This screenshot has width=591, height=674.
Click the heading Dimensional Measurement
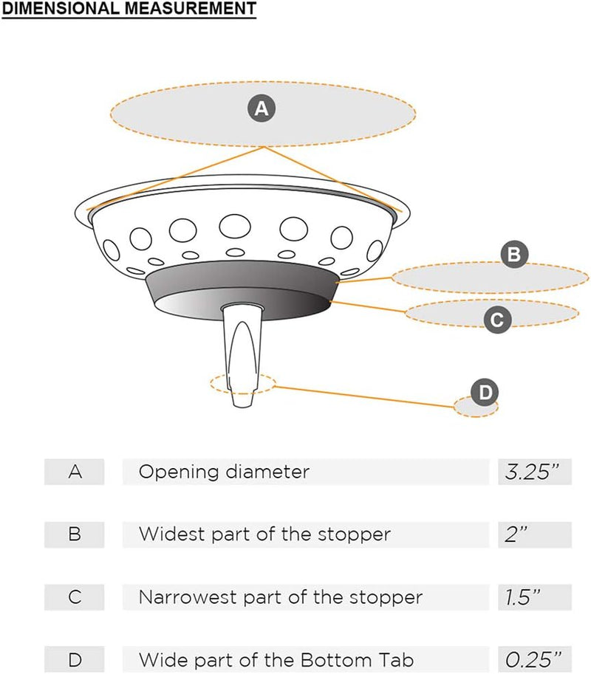point(129,9)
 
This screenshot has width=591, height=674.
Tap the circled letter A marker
point(260,109)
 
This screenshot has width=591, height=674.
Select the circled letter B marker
point(514,255)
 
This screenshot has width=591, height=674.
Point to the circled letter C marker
point(496,320)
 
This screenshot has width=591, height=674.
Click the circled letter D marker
point(485,392)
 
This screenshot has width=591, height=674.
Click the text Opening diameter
point(224,472)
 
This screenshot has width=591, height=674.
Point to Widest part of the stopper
point(264,534)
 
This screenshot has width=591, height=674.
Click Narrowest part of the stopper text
point(281,596)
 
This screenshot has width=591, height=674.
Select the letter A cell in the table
point(75,472)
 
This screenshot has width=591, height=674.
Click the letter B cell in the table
point(75,534)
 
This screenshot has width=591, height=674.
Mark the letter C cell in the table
point(75,596)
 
